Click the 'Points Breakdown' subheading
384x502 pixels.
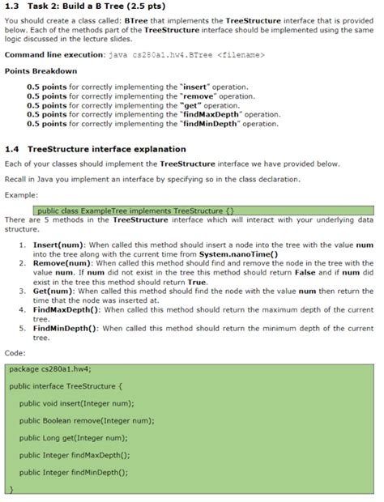pyautogui.click(x=37, y=70)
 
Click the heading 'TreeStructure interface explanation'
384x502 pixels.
pyautogui.click(x=113, y=149)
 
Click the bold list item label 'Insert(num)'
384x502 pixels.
pyautogui.click(x=54, y=245)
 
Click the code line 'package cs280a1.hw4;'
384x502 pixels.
pyautogui.click(x=49, y=370)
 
